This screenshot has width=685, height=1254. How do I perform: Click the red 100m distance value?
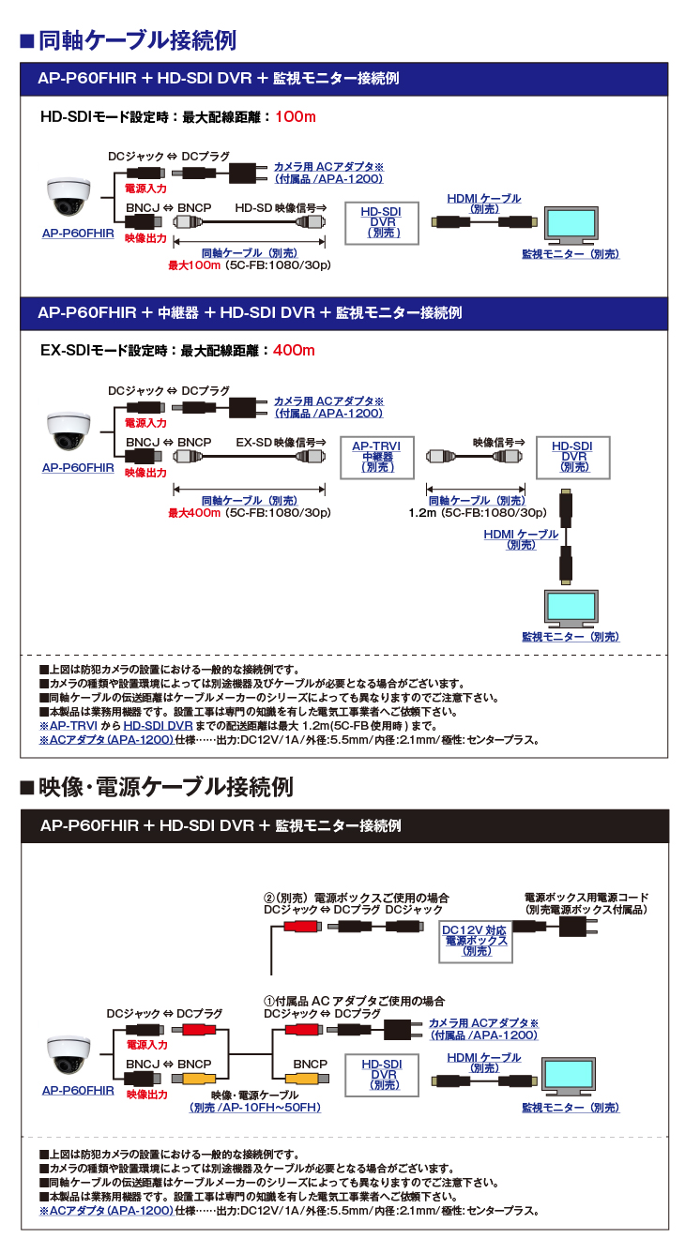tap(296, 117)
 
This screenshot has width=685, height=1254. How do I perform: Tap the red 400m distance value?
tap(294, 351)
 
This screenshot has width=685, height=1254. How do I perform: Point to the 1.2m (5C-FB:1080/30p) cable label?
tap(478, 513)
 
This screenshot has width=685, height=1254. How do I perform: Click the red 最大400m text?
tap(194, 513)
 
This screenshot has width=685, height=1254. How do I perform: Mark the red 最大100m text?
tap(194, 265)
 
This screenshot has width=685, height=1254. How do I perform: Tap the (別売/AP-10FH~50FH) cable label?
tap(254, 1108)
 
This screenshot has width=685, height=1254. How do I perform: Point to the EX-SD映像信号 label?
tap(281, 442)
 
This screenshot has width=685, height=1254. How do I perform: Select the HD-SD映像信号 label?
tap(281, 207)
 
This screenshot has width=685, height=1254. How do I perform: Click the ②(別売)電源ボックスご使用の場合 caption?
tap(357, 898)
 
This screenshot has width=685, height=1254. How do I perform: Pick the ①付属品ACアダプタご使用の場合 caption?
tap(354, 1001)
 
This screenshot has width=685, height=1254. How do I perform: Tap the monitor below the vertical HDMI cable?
tap(571, 609)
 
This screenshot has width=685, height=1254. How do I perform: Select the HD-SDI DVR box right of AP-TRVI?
tap(571, 457)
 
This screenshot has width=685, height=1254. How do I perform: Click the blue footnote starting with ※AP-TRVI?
tap(238, 726)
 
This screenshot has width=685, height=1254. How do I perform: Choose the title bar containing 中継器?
tap(343, 312)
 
